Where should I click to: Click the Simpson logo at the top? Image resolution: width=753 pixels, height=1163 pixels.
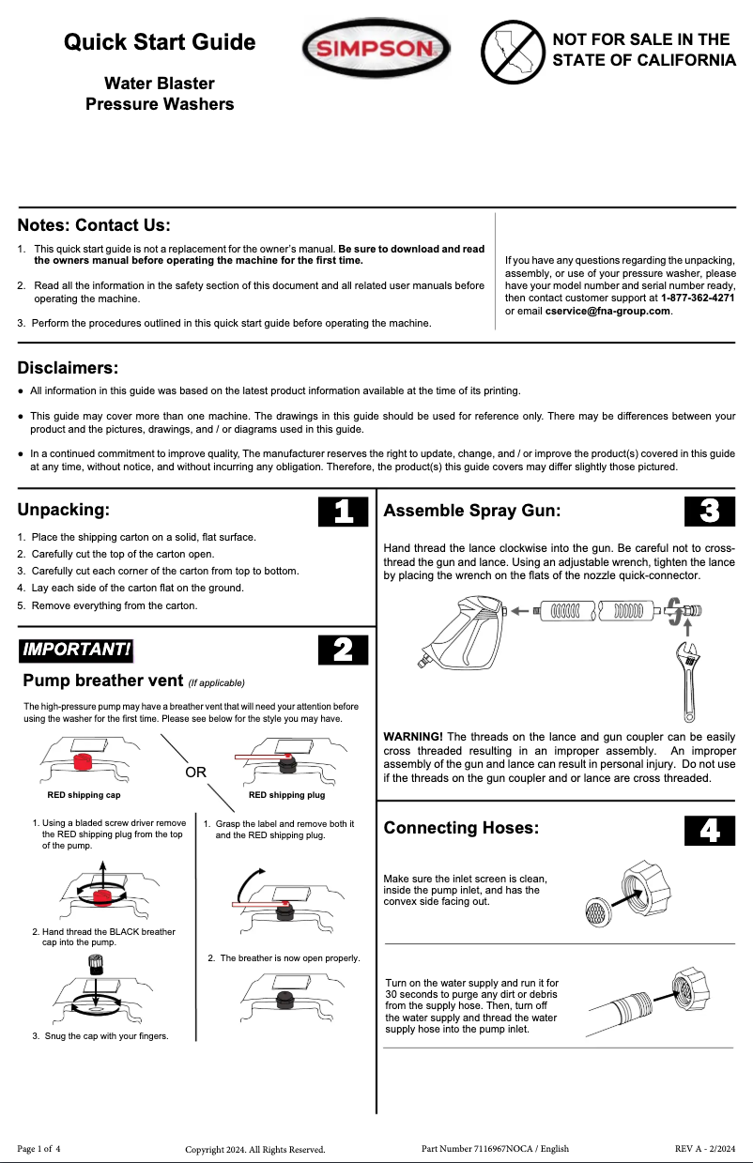(x=376, y=49)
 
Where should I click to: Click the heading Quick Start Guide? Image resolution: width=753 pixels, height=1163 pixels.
(x=160, y=42)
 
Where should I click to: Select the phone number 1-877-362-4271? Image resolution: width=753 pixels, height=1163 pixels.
(x=698, y=298)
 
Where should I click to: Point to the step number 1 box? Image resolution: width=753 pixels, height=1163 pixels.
(x=344, y=511)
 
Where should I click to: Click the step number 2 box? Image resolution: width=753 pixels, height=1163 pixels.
(x=344, y=650)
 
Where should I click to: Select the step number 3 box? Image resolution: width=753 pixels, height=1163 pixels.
(x=711, y=511)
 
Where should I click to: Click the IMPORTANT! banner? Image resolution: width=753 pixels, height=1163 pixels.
(x=76, y=650)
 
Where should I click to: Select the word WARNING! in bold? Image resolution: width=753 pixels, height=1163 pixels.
(x=413, y=737)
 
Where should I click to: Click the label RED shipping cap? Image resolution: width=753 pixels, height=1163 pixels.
(x=84, y=795)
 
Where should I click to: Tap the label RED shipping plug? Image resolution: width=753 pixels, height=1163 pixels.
(x=286, y=795)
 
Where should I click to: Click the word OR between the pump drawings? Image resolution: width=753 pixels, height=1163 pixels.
(x=195, y=773)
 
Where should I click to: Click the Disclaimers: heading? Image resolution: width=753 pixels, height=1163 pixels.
(x=68, y=367)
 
